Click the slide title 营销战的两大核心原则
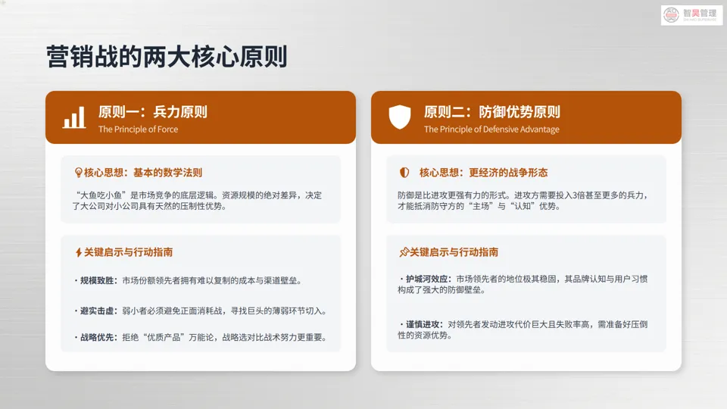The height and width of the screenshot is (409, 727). (x=167, y=58)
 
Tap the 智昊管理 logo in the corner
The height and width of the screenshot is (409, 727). (x=691, y=15)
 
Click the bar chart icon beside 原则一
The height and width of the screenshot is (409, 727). (x=74, y=117)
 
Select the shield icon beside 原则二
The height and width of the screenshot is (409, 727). (x=400, y=117)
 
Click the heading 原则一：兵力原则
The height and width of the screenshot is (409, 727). (x=152, y=112)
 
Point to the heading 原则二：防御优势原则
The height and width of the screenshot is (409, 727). (x=491, y=112)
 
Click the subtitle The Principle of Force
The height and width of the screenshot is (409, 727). (x=138, y=130)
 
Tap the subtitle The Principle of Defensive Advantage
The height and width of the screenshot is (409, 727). (x=491, y=130)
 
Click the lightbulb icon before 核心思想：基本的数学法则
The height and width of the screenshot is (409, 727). (x=78, y=173)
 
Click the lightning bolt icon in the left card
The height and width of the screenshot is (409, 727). (x=78, y=252)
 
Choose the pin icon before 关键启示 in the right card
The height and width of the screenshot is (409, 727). (x=404, y=252)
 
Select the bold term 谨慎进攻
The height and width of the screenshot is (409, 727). (x=424, y=324)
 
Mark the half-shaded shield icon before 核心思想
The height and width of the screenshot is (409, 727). (x=404, y=173)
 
